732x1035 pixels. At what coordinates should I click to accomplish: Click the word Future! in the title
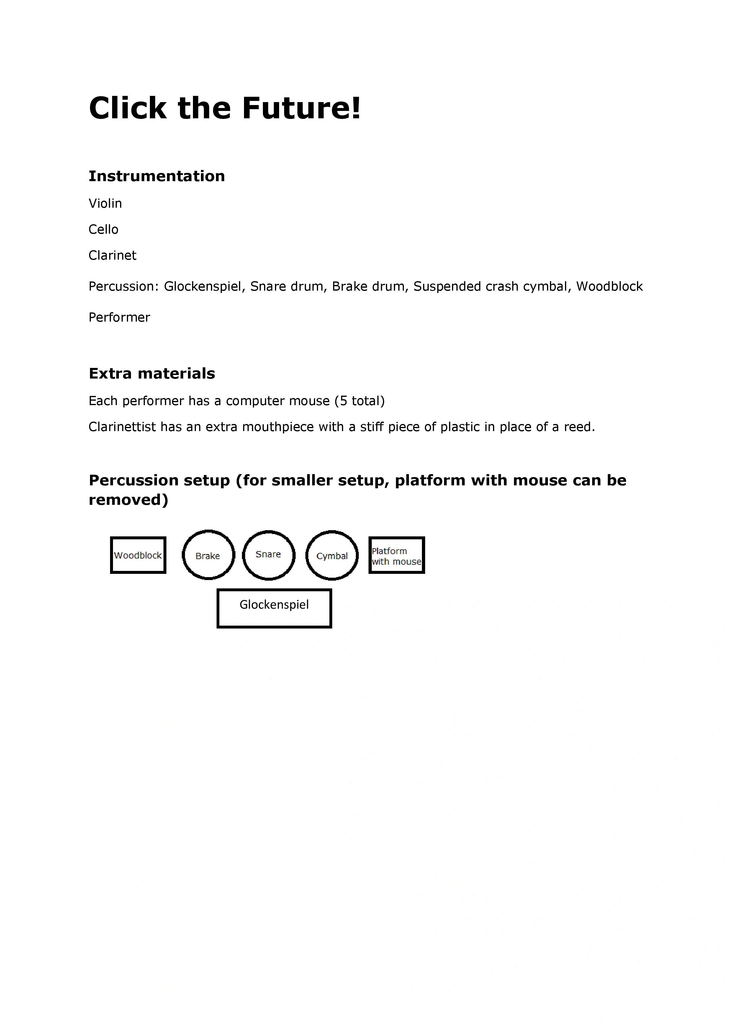coord(301,108)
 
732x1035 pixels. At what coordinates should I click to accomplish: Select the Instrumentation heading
coord(156,176)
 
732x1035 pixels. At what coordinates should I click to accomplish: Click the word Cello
coord(103,230)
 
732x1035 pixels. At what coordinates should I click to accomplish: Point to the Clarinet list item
coord(112,255)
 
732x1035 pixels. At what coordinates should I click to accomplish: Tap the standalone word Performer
coord(119,317)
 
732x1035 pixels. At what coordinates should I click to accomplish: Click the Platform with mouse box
coord(396,555)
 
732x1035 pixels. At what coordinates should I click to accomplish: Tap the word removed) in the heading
coord(128,500)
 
